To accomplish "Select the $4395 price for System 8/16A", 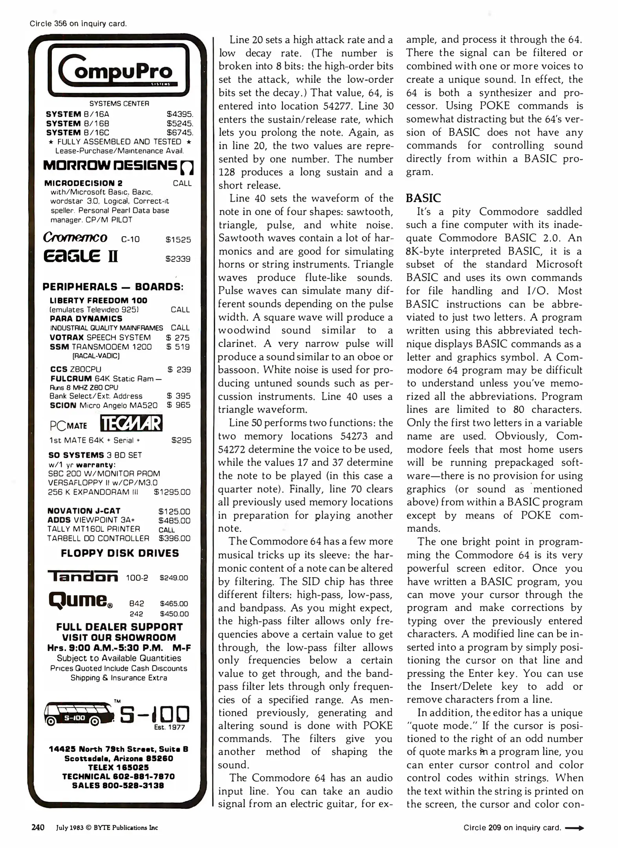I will click(x=180, y=114).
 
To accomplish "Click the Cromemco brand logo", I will click(x=75, y=238).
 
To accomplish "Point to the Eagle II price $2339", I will click(x=178, y=259).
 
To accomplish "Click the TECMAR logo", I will click(x=132, y=424).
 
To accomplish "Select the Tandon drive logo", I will click(x=83, y=576).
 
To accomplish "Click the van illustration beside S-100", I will click(x=78, y=716).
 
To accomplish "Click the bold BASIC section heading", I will click(x=424, y=198).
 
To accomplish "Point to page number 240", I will click(x=38, y=828).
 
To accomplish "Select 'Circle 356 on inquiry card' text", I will click(x=78, y=24).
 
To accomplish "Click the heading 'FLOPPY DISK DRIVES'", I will click(x=120, y=554).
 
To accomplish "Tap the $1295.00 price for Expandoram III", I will click(x=172, y=492).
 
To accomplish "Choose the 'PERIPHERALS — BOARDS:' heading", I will click(x=113, y=287).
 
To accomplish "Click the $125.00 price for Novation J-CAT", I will click(x=174, y=512).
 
